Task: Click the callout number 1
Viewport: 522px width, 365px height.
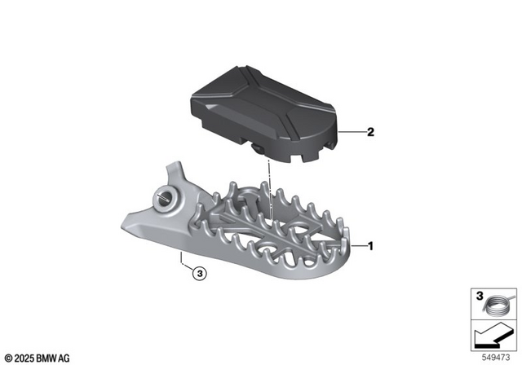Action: click(x=370, y=244)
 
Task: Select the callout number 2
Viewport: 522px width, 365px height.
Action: click(x=370, y=130)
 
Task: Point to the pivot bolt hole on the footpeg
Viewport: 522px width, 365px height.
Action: click(x=163, y=197)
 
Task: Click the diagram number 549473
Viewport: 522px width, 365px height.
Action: click(x=497, y=356)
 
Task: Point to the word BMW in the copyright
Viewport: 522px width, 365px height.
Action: click(x=48, y=356)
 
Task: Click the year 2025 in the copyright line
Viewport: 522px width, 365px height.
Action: click(x=24, y=356)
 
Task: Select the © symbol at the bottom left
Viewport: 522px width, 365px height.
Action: click(x=7, y=356)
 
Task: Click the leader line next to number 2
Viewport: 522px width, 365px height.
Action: click(x=351, y=130)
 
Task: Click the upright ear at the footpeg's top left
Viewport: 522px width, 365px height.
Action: click(x=176, y=174)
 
